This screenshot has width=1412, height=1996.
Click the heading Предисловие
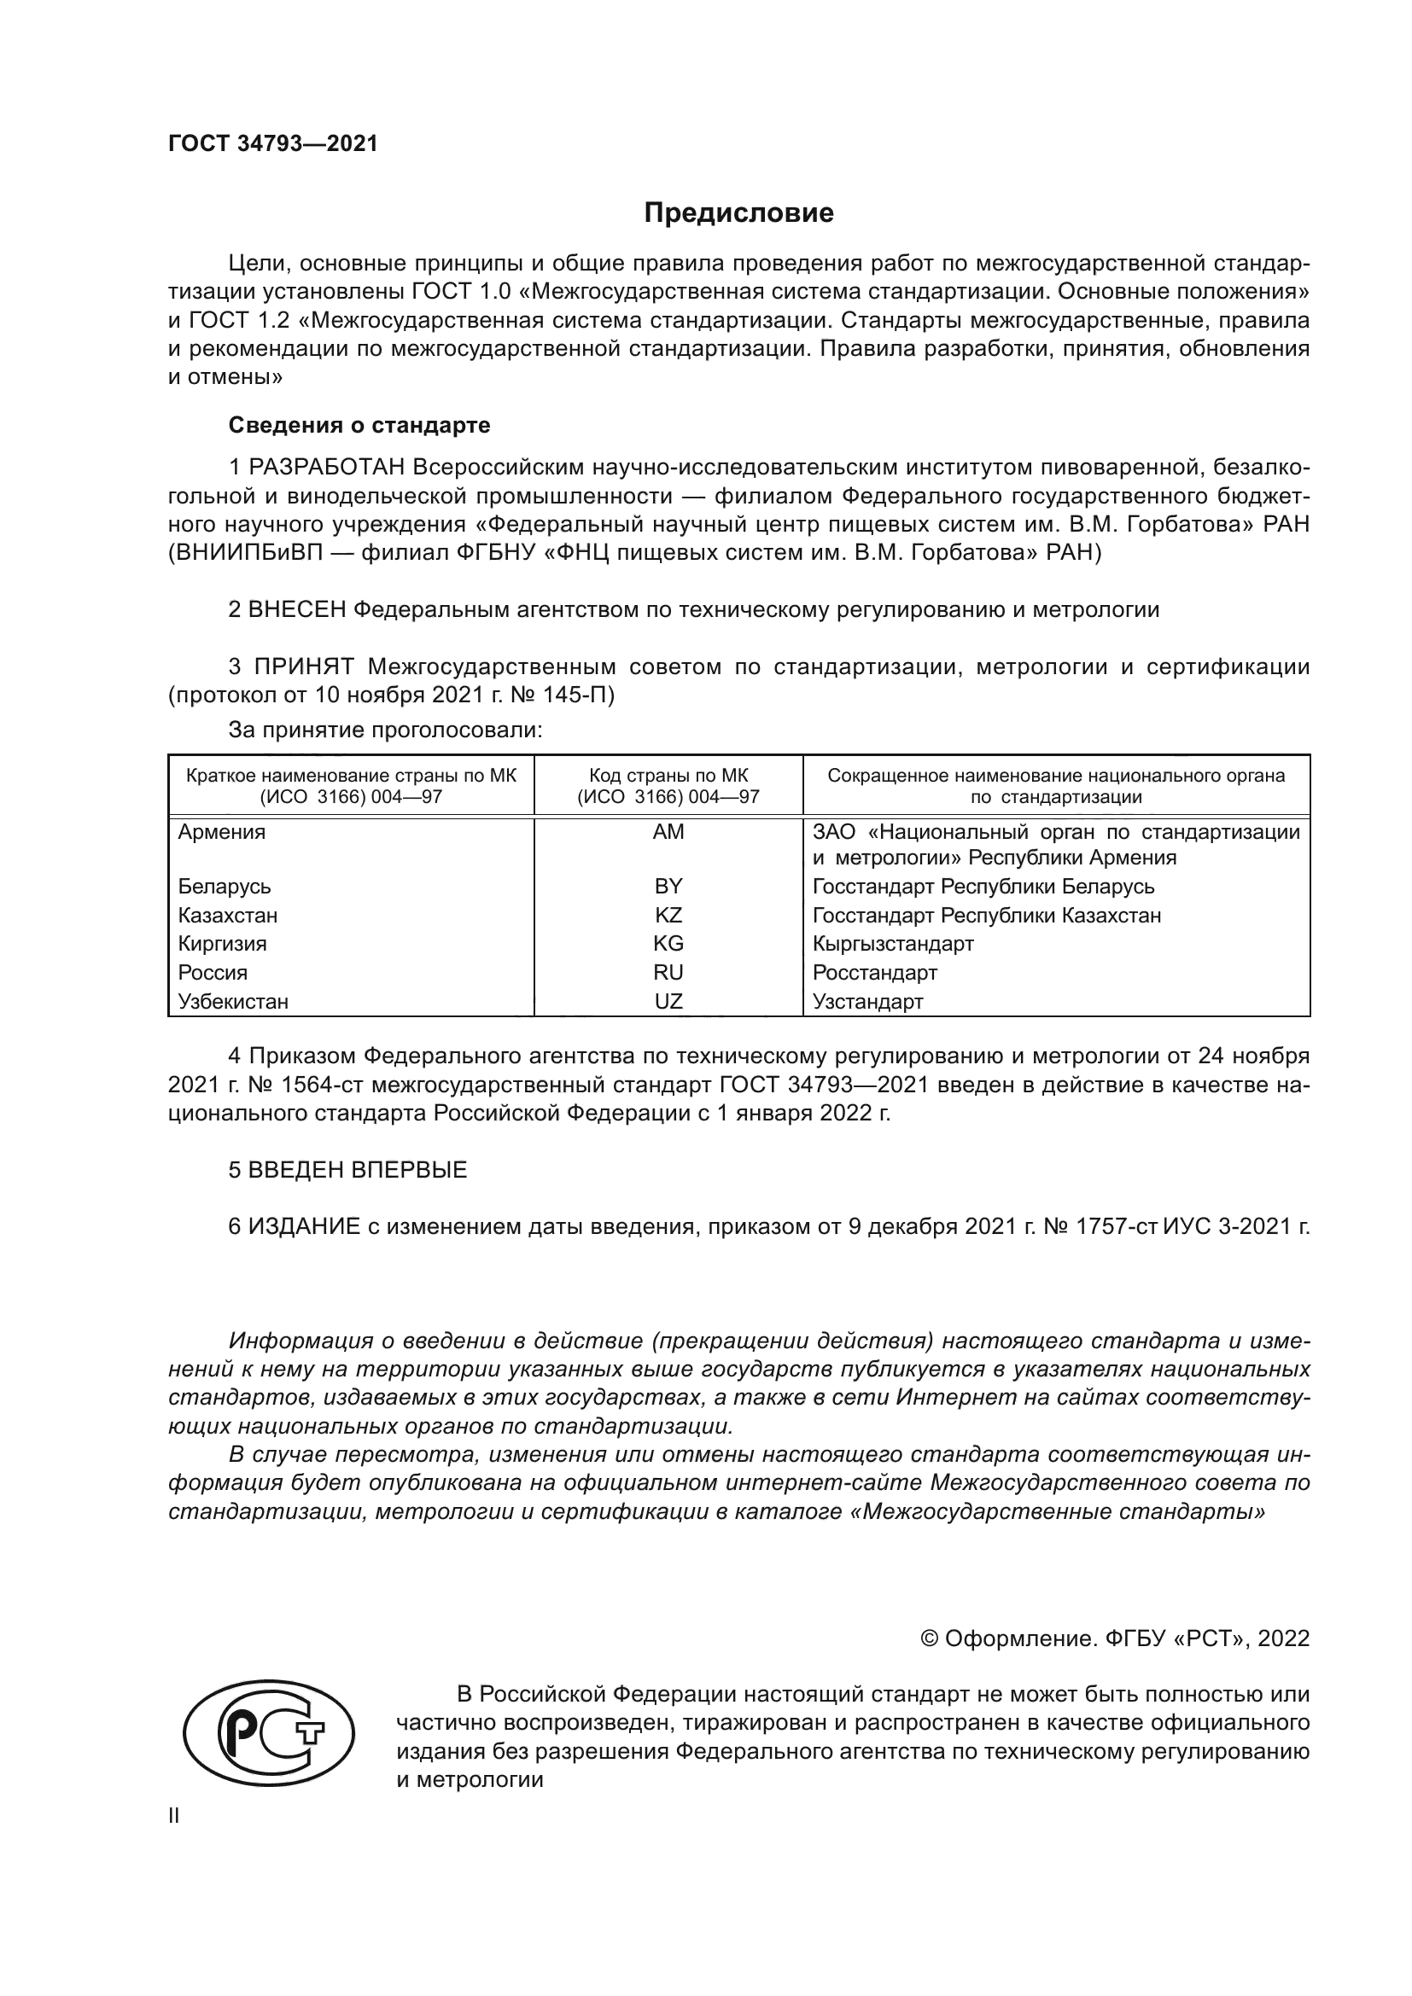coord(738,213)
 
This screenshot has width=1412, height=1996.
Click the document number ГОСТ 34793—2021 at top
coord(273,143)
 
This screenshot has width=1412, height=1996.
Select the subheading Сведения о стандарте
coord(359,425)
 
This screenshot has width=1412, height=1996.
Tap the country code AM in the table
coord(668,832)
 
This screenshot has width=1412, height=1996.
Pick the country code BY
coord(668,886)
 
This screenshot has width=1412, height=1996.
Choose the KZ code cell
coord(668,915)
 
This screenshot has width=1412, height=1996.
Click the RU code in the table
coord(668,972)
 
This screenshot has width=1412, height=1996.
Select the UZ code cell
coord(668,1001)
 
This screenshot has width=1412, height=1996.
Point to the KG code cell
coord(668,943)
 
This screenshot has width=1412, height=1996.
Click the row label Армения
coord(222,832)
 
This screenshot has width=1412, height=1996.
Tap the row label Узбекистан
coord(233,1001)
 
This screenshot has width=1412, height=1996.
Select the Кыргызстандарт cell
coord(893,943)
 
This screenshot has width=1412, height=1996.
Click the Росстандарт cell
coord(875,972)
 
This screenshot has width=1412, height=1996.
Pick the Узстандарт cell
coord(867,1001)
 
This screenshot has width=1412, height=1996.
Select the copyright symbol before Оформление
coord(929,1638)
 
